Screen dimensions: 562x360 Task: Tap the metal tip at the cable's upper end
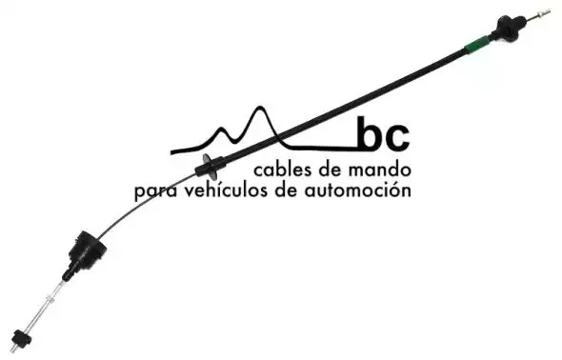click(x=542, y=14)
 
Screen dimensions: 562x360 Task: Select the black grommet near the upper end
click(x=508, y=28)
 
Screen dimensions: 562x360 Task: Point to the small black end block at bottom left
click(x=20, y=338)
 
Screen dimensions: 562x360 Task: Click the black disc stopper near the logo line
click(x=210, y=166)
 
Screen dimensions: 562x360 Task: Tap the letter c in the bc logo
click(x=397, y=137)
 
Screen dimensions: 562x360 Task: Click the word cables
click(x=283, y=170)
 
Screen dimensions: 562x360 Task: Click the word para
click(x=156, y=191)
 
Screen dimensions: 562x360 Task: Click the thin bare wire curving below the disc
click(x=140, y=204)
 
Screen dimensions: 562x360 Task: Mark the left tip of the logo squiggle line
click(x=171, y=152)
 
